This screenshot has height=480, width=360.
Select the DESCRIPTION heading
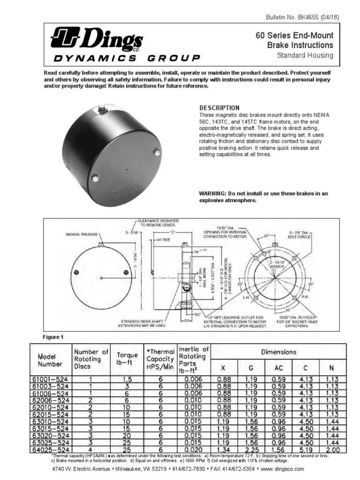point(219,108)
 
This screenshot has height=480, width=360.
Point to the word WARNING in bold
point(213,194)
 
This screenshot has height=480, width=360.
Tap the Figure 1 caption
point(53,337)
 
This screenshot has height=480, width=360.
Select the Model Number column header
point(50,360)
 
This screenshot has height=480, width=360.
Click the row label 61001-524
point(50,379)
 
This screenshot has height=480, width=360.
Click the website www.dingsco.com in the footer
point(283,469)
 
